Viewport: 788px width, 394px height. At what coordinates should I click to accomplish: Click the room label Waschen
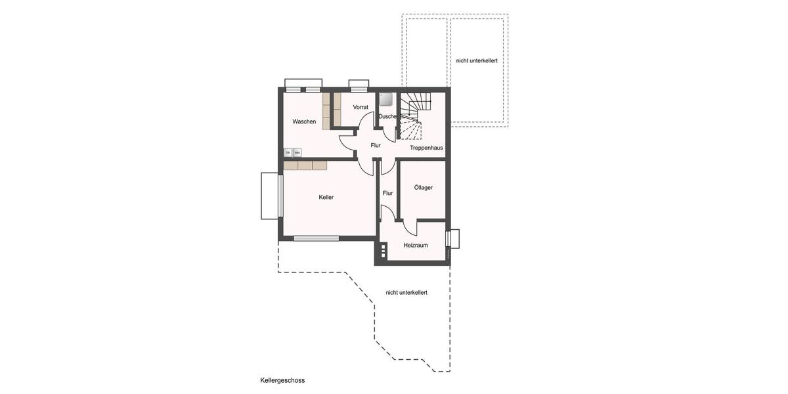point(304,121)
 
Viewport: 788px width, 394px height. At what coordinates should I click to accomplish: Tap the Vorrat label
point(361,107)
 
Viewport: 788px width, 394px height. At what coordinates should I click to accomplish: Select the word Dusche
point(387,116)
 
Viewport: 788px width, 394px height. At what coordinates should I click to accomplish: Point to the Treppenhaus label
point(426,148)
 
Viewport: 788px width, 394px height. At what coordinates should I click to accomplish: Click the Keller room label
point(326,197)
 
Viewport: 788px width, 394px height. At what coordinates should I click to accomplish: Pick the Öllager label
point(424,188)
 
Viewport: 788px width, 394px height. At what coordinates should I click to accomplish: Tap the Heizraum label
point(416,245)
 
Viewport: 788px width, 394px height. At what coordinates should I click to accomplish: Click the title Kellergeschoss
point(282,380)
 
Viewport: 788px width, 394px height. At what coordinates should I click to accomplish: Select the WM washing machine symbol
point(297,152)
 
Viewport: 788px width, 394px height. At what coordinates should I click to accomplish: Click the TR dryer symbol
point(288,152)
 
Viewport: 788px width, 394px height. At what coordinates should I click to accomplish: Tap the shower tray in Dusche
point(386,99)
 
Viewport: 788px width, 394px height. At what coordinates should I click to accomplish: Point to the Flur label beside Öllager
point(388,193)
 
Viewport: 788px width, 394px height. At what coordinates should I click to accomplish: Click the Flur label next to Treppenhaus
point(376,145)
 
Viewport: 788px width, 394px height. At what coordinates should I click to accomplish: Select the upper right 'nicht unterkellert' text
point(477,60)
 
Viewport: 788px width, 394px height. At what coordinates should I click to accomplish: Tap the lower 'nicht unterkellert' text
point(406,292)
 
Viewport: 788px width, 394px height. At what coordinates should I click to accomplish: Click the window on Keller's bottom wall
point(316,238)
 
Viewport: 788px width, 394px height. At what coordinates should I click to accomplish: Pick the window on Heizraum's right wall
point(449,238)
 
